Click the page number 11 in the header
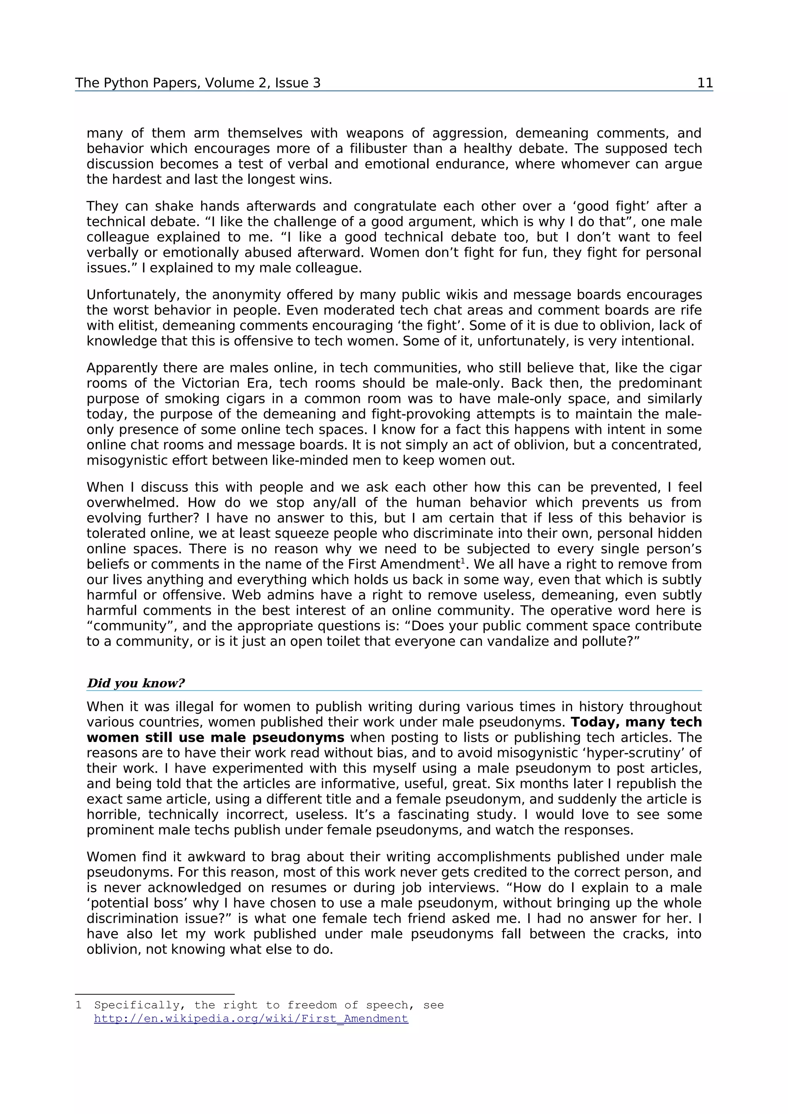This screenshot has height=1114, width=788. (705, 83)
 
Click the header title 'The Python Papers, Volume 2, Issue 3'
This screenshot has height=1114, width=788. (198, 83)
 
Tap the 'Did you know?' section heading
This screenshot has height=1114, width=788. (135, 683)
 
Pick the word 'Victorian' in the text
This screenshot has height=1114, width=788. (210, 383)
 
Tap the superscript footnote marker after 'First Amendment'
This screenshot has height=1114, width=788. (463, 561)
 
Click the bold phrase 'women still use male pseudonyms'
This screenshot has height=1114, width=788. (215, 738)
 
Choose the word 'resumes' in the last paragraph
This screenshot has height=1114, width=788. (270, 888)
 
